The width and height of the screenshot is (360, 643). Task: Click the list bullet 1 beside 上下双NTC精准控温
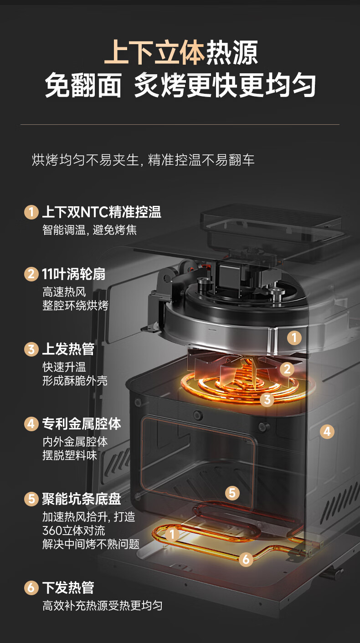click(31, 212)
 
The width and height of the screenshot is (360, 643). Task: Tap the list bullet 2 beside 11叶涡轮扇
click(31, 274)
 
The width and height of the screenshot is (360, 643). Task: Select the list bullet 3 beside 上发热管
click(31, 349)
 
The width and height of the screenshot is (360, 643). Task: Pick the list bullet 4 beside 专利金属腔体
click(31, 424)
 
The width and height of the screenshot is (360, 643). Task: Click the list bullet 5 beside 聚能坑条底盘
click(31, 499)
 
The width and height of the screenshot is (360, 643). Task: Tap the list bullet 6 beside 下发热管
click(31, 587)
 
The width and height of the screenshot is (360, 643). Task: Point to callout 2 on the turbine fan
click(287, 369)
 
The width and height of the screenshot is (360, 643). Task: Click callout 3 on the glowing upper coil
click(267, 399)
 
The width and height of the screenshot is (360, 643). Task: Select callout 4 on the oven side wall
click(327, 431)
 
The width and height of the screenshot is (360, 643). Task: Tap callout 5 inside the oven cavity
click(232, 493)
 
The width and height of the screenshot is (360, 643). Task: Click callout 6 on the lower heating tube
click(246, 559)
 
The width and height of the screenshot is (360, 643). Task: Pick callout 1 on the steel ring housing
click(294, 337)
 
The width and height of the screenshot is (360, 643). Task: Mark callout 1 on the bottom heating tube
click(172, 535)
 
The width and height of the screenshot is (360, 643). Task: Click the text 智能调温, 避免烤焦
click(90, 230)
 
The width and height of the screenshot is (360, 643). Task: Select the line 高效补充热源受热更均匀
click(102, 606)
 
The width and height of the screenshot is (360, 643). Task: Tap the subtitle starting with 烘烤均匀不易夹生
click(143, 160)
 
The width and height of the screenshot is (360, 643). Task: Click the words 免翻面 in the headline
click(83, 85)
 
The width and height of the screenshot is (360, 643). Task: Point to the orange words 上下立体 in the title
click(154, 52)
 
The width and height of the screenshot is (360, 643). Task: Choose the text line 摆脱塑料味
click(70, 455)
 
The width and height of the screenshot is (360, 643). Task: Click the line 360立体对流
click(74, 531)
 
